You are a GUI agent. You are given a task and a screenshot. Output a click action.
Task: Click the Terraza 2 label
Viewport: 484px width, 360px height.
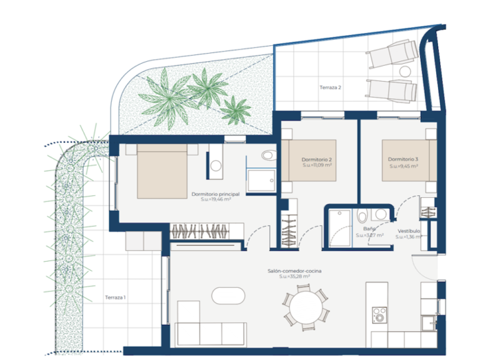point(330,88)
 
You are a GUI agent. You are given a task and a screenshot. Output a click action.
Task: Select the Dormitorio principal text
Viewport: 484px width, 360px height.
point(216,194)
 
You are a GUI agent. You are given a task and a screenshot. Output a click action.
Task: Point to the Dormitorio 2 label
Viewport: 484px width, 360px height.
point(316,159)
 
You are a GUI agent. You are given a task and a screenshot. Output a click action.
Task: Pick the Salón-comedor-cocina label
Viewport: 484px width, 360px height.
point(295,271)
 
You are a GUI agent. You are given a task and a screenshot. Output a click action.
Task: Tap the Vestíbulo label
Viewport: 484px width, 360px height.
point(408,231)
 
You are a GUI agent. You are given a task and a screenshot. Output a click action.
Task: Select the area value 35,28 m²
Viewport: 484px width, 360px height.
point(295,278)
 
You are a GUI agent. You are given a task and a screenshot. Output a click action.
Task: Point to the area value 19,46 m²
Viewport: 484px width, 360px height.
point(216,200)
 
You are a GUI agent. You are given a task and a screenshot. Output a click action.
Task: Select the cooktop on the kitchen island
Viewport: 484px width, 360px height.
point(380,315)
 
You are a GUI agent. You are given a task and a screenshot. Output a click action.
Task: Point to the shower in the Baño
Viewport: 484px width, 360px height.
point(340,226)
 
